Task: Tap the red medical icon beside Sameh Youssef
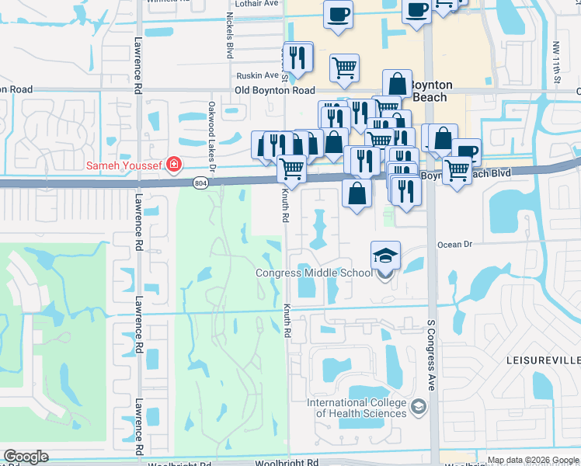[173, 165]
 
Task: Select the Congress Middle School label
[314, 273]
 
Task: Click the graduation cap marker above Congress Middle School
[385, 256]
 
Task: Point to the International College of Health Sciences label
[357, 408]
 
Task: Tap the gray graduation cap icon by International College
[418, 407]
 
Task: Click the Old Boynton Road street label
[274, 91]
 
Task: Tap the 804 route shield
[201, 183]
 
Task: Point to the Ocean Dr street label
[454, 244]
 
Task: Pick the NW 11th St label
[558, 61]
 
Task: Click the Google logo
[26, 456]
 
